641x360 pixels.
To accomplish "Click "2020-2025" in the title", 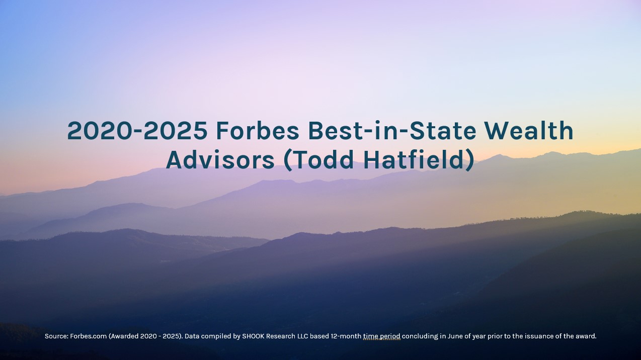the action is coord(137,131).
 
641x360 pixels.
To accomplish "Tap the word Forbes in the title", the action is coord(258,130).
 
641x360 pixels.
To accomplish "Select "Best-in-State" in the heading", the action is coord(392,130).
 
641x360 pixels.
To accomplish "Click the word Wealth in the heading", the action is coord(529,130).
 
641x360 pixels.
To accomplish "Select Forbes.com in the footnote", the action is coord(89,336).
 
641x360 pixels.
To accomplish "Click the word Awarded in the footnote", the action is coord(124,336).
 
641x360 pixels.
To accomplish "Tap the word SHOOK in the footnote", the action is coord(253,336).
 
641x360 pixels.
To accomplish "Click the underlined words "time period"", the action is coord(382,336).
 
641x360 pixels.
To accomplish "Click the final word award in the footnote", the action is coord(586,336).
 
